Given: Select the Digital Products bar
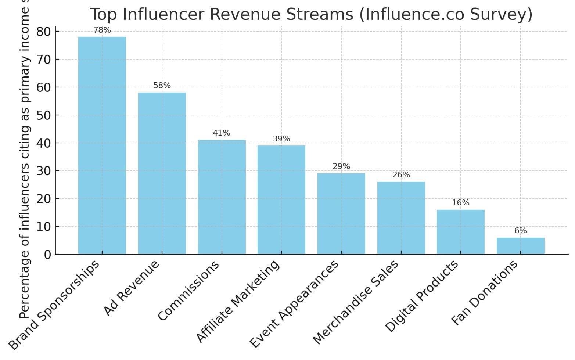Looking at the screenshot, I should (461, 232).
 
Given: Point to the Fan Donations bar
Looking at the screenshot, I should (520, 246).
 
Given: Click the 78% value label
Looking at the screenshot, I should (102, 30).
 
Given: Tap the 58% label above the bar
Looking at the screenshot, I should (162, 86).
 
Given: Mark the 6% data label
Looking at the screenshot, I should (520, 231).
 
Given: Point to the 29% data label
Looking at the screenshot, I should (341, 166).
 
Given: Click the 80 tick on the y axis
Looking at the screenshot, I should (44, 32).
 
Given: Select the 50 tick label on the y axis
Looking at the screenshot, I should (44, 115).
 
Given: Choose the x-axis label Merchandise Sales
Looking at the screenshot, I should (356, 302).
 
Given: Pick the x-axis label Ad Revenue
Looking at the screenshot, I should (132, 288).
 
